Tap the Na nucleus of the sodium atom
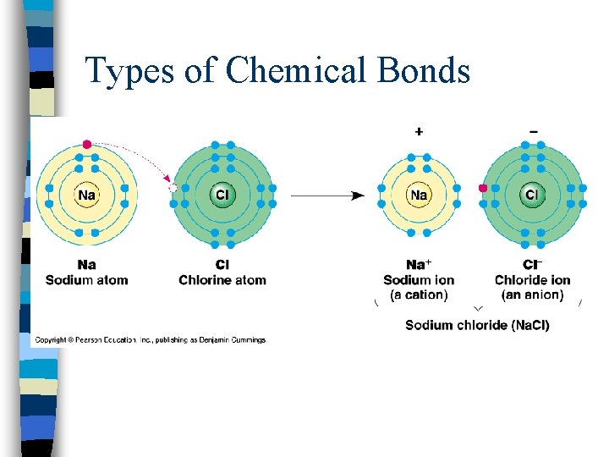[x=86, y=195]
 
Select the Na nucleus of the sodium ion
[x=419, y=195]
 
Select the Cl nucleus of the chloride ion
[x=532, y=195]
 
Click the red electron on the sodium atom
[x=86, y=145]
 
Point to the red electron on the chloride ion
[x=483, y=189]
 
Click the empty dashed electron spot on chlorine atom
[x=173, y=189]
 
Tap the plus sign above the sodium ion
[x=419, y=131]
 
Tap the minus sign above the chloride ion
[x=533, y=131]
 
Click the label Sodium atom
[x=86, y=280]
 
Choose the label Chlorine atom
[x=222, y=280]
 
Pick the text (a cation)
[x=419, y=295]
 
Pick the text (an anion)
[x=532, y=295]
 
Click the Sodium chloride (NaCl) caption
[x=477, y=325]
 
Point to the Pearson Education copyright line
[x=151, y=340]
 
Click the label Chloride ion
[x=532, y=280]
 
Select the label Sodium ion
[x=419, y=280]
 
